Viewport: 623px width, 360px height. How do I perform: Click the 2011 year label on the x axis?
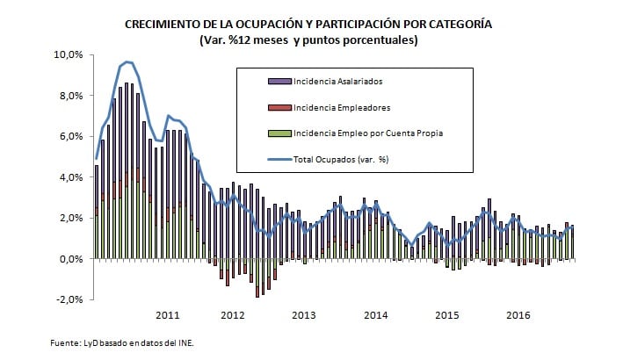(x=168, y=314)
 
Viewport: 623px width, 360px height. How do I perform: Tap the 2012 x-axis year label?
(x=232, y=314)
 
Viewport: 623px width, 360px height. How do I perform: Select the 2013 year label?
(x=303, y=314)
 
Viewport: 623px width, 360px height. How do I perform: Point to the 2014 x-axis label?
(x=375, y=314)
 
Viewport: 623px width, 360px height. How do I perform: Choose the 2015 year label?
(x=446, y=314)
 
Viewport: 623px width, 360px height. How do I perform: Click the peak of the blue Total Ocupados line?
(x=128, y=61)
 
